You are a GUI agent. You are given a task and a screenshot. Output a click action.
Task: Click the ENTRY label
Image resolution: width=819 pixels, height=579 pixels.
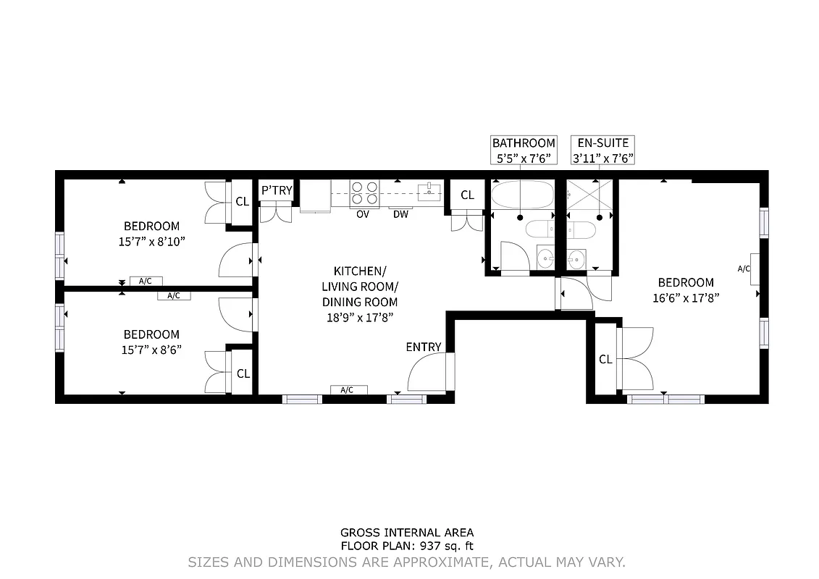pos(423,347)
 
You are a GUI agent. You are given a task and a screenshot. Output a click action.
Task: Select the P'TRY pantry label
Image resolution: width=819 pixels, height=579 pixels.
pos(277,190)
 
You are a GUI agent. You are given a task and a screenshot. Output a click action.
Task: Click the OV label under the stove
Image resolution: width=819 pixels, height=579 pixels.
pos(363,214)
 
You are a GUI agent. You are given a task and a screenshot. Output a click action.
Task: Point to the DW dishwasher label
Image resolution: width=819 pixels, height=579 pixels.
pos(400,214)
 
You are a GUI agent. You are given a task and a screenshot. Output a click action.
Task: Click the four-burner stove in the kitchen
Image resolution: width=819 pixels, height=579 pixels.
pos(364,193)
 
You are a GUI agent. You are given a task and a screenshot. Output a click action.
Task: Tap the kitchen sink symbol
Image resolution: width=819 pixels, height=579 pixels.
pos(429,191)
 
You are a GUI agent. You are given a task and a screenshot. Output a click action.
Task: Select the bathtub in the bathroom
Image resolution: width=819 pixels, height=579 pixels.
pos(519,195)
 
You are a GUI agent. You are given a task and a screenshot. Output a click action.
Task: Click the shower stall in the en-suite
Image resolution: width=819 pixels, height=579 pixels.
pos(589,194)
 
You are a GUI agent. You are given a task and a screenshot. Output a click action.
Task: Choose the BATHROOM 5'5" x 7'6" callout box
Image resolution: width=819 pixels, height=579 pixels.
pos(523,151)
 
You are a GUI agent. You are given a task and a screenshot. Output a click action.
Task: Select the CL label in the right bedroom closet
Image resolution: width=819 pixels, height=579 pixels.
pos(605,360)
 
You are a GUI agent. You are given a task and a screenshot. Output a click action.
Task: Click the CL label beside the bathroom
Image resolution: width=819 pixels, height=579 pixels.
pos(467,195)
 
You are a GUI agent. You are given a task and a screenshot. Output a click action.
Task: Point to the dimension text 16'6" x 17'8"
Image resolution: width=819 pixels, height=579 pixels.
pos(685,297)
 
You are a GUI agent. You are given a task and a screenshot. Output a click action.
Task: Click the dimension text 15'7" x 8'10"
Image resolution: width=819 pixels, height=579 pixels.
pos(151,241)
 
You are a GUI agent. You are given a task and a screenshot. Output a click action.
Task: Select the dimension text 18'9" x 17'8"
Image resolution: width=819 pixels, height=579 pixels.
pos(359,317)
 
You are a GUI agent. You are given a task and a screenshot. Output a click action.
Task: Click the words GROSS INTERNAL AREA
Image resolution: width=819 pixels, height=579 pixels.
pos(407,533)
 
